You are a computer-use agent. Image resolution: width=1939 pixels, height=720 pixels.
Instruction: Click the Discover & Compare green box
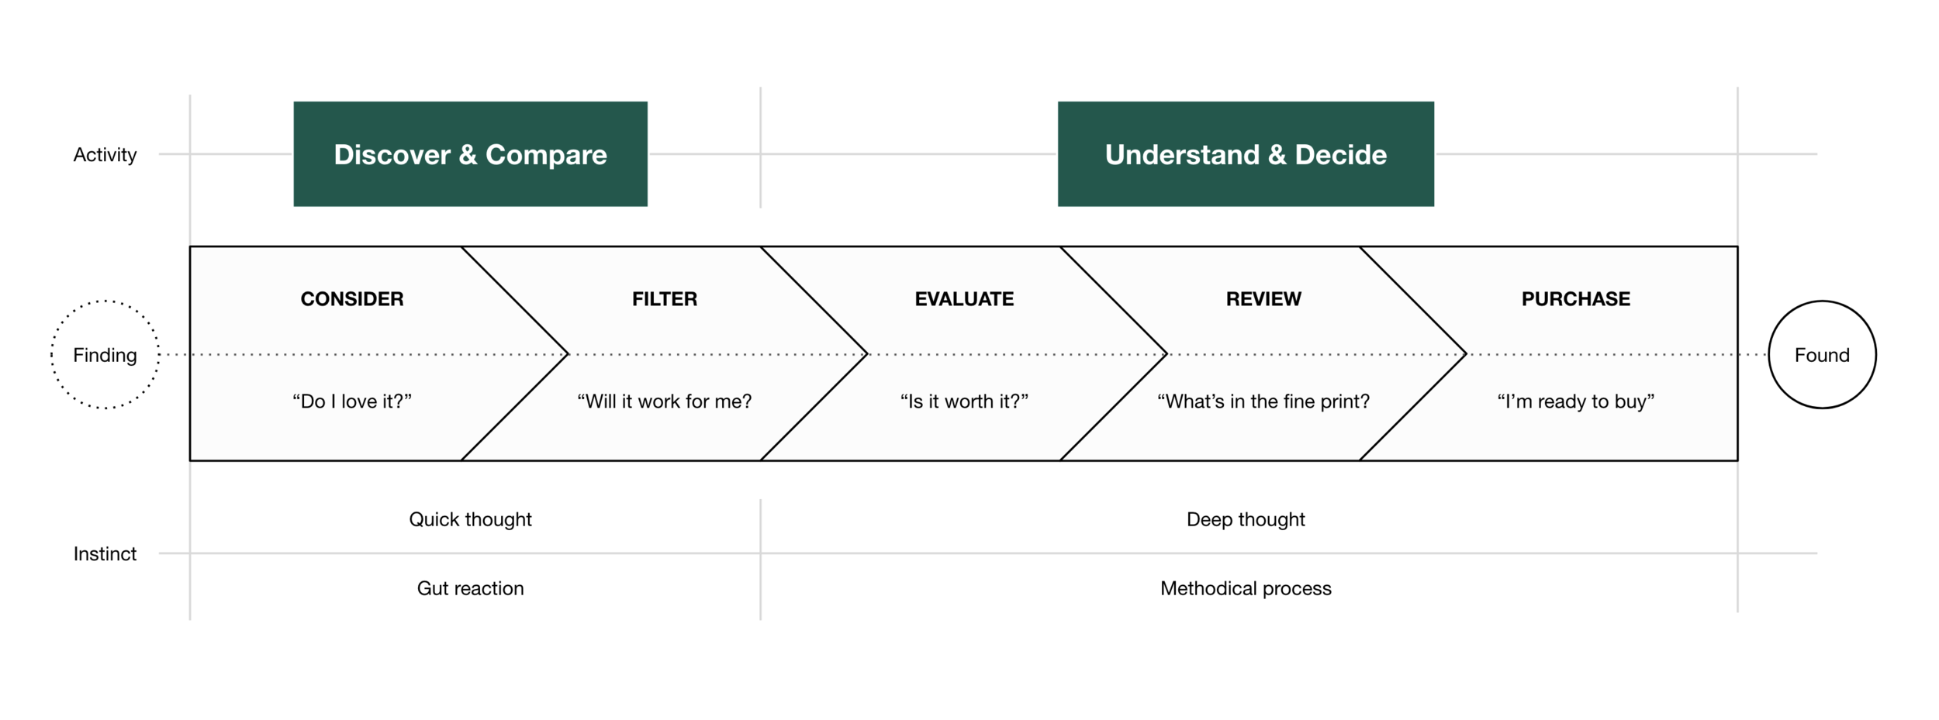(470, 153)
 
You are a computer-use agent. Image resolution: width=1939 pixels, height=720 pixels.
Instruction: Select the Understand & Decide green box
(1246, 153)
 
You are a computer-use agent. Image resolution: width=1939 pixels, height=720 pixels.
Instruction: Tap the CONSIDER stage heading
(352, 299)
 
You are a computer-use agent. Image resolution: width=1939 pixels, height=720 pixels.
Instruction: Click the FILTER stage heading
(665, 299)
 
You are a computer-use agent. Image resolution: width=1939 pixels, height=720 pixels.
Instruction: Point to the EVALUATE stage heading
(964, 299)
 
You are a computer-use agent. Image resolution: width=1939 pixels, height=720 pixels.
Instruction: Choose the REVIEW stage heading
(1263, 299)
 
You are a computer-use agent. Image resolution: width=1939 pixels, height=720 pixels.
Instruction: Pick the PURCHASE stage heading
(1575, 299)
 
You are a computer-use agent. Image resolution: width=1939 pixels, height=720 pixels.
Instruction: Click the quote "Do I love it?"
(352, 401)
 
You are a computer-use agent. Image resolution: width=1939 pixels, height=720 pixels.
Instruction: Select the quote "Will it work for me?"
(665, 401)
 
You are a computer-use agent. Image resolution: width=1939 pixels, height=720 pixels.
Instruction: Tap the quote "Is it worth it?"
(964, 401)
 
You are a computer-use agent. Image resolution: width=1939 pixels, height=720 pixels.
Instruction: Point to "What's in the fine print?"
(1263, 401)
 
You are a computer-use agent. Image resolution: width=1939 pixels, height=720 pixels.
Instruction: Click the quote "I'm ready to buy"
(1575, 401)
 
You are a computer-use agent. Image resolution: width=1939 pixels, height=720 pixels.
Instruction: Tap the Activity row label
(105, 155)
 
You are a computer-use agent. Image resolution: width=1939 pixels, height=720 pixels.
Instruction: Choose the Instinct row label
(105, 554)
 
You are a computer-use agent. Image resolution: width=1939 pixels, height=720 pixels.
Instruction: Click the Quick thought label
(470, 520)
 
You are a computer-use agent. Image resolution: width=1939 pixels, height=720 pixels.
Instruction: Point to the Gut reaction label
(470, 588)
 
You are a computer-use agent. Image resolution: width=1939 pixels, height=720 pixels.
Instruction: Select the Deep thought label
(1246, 520)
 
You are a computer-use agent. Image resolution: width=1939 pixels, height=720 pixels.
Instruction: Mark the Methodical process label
(1246, 588)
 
